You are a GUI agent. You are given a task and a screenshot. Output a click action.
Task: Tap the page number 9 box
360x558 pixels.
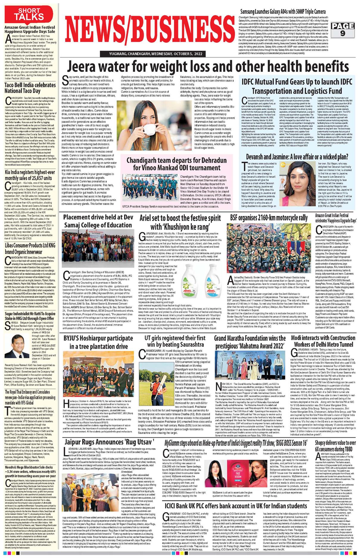pos(342,29)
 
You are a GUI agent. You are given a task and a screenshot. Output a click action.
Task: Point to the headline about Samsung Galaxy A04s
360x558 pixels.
pos(283,12)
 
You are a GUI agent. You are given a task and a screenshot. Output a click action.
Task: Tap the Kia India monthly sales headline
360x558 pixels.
pos(30,175)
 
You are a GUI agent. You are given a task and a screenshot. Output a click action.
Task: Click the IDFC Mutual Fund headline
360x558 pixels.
pos(297,86)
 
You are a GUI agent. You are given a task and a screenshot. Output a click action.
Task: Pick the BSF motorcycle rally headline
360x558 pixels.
pos(269,218)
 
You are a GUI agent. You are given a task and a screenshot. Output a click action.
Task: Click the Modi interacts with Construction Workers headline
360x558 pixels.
pos(323,341)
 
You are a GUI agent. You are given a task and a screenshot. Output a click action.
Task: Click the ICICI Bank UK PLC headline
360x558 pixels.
pos(236,506)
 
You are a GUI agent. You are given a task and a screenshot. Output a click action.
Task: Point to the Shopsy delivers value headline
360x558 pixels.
pos(335,446)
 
